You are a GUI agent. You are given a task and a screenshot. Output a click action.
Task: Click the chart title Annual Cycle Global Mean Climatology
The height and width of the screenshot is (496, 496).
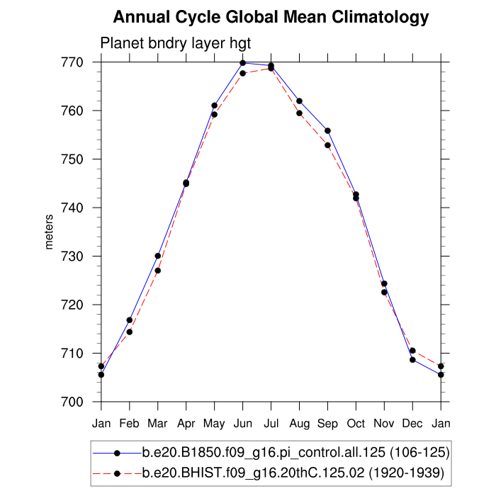[271, 17]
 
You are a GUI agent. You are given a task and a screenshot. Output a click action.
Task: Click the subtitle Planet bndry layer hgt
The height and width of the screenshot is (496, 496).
[176, 43]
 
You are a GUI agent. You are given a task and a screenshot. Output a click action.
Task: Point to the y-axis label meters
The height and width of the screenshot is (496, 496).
[49, 231]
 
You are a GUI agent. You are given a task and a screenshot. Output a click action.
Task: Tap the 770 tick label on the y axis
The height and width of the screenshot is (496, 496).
[74, 62]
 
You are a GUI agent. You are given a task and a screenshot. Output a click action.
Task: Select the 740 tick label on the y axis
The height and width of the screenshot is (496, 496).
[74, 208]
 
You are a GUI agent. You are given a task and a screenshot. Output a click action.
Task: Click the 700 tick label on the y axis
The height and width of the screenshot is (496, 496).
[74, 402]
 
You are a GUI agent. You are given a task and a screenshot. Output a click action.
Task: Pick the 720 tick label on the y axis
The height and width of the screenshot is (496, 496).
[74, 305]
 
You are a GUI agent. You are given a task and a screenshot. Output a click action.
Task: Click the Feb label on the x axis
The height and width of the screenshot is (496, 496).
[130, 424]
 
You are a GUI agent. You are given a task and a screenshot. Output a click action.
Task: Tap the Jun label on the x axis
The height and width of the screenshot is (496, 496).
[243, 424]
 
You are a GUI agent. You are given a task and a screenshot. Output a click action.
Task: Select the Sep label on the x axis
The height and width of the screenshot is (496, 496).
[328, 424]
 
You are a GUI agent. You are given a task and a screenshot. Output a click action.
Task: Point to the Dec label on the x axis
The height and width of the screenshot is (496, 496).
[412, 424]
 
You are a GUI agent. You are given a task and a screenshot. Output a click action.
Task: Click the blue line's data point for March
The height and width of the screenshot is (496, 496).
[158, 256]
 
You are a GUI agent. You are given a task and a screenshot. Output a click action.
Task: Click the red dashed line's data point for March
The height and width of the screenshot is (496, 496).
[158, 271]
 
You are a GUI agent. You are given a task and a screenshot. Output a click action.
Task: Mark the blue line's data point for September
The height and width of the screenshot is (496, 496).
[327, 130]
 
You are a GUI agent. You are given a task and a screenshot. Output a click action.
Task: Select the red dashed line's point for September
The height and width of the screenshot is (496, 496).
[327, 145]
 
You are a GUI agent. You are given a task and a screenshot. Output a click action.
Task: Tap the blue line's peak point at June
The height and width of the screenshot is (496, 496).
[243, 63]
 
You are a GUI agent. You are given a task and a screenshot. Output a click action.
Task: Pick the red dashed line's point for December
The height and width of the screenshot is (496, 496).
[412, 351]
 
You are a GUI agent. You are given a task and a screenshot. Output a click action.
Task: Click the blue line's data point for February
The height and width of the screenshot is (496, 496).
[130, 320]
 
